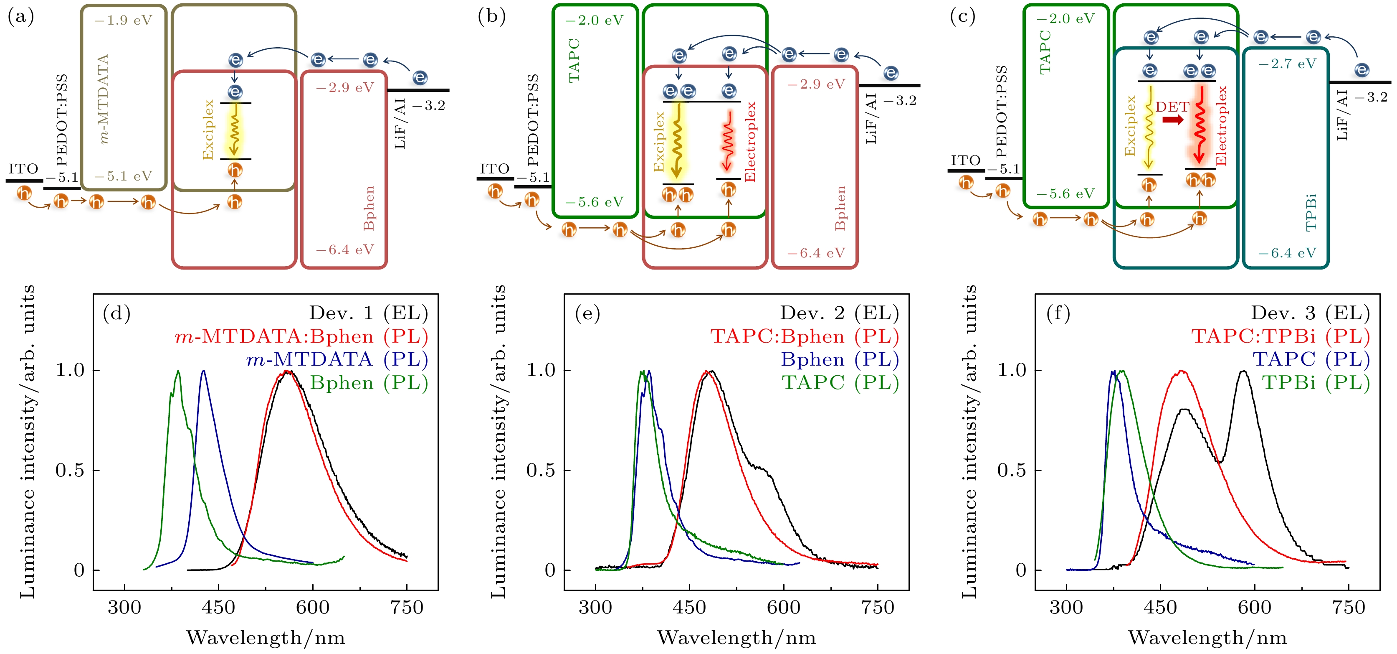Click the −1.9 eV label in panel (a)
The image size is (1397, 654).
point(123,20)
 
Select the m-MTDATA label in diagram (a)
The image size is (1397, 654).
point(103,98)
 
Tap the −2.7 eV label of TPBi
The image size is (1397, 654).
point(1287,64)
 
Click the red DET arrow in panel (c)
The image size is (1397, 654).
point(1173,120)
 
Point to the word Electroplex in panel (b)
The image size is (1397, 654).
point(750,142)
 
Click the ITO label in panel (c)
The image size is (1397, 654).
point(966,160)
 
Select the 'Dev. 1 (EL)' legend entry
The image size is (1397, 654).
point(368,313)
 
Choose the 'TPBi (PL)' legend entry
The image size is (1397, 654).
point(1316,383)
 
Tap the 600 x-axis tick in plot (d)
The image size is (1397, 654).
point(312,607)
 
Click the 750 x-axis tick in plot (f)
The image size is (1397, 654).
point(1348,607)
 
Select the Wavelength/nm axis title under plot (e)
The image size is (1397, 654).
point(736,638)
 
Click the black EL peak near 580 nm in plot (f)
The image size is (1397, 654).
point(1243,372)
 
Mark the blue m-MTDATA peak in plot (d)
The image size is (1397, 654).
point(203,372)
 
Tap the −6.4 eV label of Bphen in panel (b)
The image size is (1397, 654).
point(816,253)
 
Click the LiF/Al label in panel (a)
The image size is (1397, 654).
point(400,123)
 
